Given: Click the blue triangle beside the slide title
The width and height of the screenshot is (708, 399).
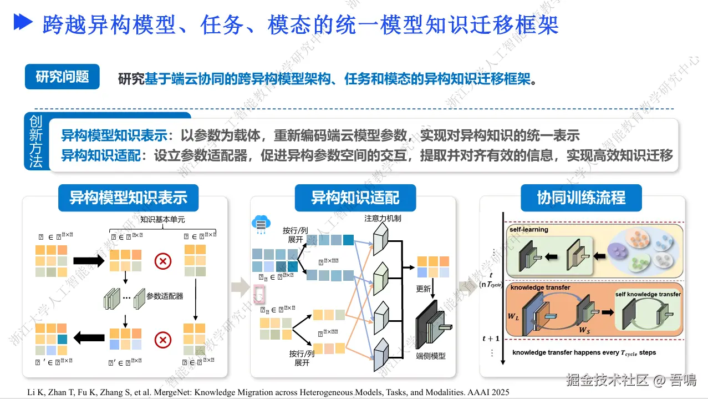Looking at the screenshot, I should coord(24,22).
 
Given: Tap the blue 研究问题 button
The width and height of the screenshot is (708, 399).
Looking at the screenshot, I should coord(62,77).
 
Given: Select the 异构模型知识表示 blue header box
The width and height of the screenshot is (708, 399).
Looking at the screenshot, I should coord(128,198).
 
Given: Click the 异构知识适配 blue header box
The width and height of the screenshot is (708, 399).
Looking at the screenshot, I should coord(355,198).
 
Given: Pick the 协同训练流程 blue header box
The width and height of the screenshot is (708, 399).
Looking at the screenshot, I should coord(581,198).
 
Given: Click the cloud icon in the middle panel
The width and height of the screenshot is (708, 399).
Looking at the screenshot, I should coord(260,223).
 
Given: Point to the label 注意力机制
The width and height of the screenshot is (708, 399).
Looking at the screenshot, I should coord(383,218).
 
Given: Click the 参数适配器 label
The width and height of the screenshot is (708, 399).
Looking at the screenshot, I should coord(165,296).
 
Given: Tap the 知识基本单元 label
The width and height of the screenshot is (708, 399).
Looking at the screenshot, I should coord(162,220).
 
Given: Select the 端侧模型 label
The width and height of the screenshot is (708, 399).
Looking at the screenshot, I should coord(431,356).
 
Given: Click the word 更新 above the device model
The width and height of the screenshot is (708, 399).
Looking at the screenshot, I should coord(424,289).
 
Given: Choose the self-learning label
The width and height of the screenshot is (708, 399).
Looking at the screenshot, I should coord(529,229).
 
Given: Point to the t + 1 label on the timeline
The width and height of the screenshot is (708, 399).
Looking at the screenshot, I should coord(491,339).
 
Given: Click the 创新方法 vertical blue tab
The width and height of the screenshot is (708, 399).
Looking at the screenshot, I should coord(35,142).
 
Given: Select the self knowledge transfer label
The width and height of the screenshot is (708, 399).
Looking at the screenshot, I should coord(648,294).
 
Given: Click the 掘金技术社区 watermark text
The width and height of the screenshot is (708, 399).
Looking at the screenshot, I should coord(607,380).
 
